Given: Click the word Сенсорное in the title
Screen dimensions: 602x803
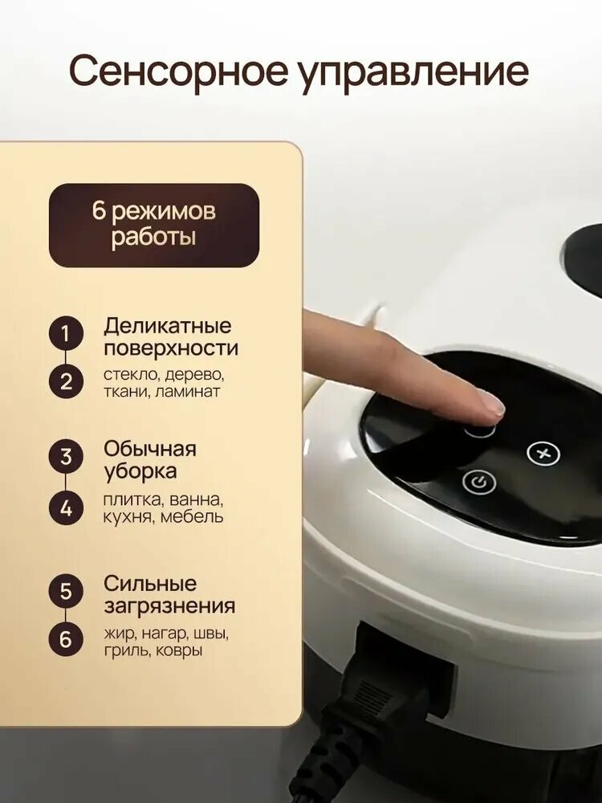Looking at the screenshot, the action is coord(179,71).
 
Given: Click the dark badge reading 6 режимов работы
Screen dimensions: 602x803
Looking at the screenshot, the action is coord(154,226).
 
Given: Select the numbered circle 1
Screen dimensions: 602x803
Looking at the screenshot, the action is coord(66,334).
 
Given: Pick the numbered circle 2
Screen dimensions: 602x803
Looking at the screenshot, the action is coord(66,382).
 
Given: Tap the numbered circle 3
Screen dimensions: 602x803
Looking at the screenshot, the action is coord(66,457).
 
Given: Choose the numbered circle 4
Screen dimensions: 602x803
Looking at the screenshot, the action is coord(66,508).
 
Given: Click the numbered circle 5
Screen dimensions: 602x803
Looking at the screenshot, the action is coord(66,591).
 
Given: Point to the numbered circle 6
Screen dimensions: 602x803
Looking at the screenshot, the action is coord(66,640).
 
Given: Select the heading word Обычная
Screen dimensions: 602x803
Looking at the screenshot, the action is coord(150,449).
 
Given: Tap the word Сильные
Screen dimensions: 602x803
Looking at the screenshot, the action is coord(150,583).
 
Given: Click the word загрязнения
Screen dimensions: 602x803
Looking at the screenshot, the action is coord(169,606).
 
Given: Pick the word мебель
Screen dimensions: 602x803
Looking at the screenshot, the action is coord(192,516).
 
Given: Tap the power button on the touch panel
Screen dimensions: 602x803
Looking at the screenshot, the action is coord(478,483).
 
